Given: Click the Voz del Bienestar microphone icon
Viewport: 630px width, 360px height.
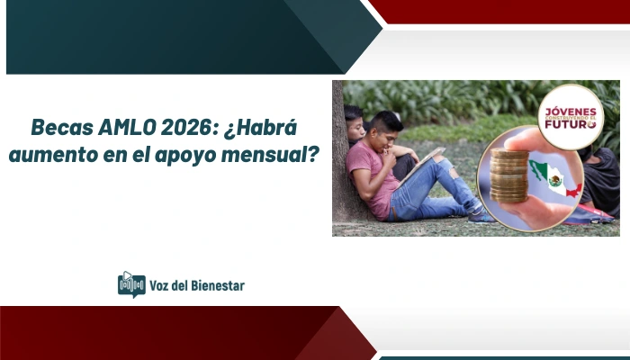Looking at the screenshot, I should coord(131,284).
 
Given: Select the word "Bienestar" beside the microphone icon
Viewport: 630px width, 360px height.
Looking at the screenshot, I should coord(215,285).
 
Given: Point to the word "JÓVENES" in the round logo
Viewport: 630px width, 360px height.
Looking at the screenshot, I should coord(569,108).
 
